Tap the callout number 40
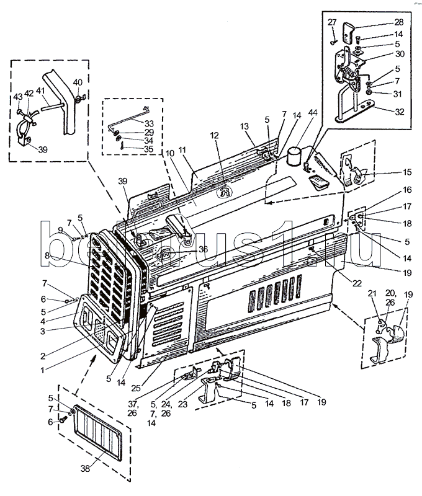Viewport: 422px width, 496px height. pyautogui.click(x=77, y=82)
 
